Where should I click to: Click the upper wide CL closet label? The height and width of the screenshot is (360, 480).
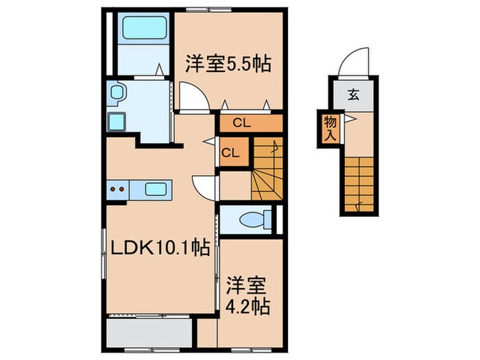click(240, 124)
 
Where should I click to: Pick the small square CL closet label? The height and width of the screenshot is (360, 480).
click(230, 152)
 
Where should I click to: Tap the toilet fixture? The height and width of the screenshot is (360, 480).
click(250, 219)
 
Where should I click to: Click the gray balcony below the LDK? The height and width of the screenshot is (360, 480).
click(148, 334)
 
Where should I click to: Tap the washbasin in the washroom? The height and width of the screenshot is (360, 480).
click(115, 93)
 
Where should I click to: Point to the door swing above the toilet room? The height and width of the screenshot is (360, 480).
click(204, 186)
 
